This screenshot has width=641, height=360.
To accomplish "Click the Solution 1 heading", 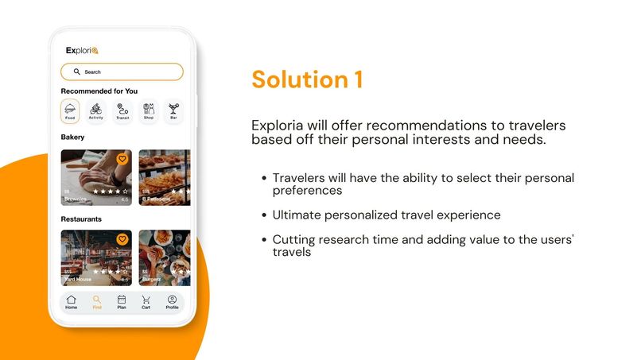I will [307, 79].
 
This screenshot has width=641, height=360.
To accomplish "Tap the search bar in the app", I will [122, 72].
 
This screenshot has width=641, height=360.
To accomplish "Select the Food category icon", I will [70, 110].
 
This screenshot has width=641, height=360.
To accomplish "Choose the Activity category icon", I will [96, 110].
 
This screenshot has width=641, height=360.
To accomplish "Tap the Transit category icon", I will [122, 110].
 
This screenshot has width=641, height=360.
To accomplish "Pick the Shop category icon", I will [149, 110].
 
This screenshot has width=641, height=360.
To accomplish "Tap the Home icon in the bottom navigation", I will [72, 301].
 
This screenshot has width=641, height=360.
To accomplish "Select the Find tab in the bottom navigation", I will [97, 301].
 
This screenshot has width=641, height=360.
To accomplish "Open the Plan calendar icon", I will [122, 301].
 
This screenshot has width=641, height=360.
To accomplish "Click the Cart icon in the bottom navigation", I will [146, 301].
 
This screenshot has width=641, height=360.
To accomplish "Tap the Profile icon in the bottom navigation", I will [172, 301].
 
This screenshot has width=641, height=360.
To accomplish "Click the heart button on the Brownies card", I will [122, 159].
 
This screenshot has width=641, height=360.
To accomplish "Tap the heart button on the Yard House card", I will [122, 238].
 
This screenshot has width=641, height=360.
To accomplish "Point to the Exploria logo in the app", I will [82, 50].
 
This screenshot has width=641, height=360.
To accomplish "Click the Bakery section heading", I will [73, 137].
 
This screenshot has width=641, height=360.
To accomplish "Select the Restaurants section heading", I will [81, 219].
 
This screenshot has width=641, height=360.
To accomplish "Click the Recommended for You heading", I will [99, 91].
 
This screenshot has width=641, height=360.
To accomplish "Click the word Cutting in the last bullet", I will [292, 238].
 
